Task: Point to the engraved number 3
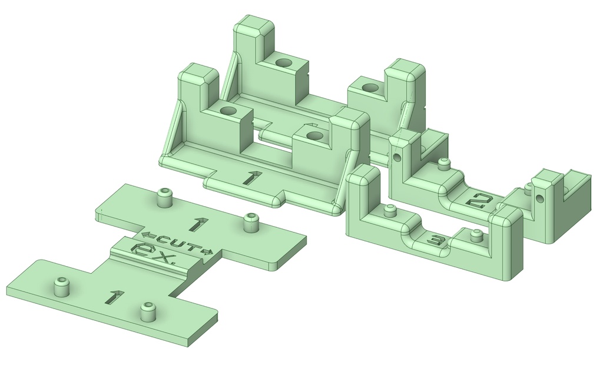pyautogui.click(x=436, y=241)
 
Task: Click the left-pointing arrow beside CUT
pyautogui.click(x=148, y=235)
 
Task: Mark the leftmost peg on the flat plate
pyautogui.click(x=61, y=286)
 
